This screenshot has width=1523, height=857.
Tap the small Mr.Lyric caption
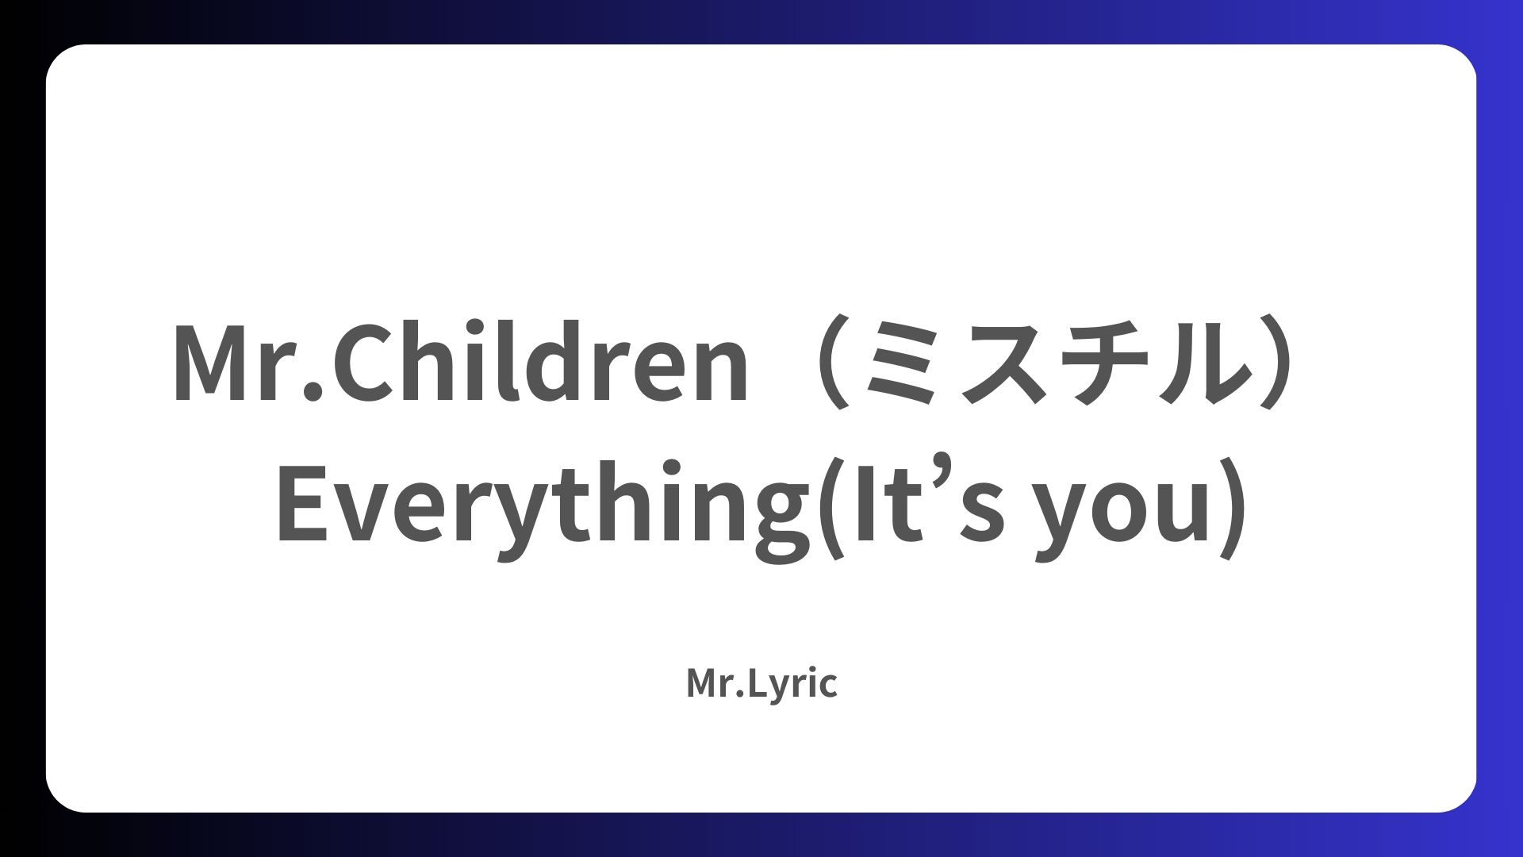pyautogui.click(x=761, y=684)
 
